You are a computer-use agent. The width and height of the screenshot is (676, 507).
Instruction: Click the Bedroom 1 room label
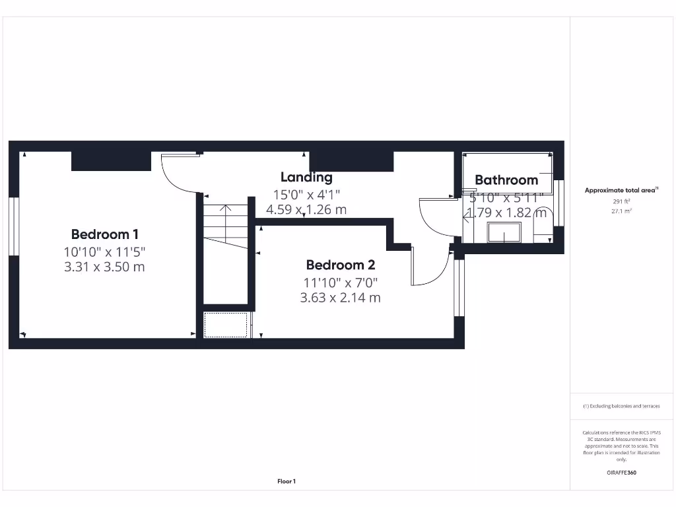coord(105,234)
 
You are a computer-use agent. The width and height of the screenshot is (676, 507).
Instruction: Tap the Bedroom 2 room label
coord(341,265)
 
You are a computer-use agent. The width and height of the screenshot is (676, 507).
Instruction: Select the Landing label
coord(306,177)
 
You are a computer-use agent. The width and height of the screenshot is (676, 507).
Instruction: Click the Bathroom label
coord(506,180)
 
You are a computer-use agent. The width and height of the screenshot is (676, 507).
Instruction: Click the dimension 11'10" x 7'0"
coord(341,283)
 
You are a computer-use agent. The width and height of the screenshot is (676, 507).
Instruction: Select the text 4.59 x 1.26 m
coord(306,210)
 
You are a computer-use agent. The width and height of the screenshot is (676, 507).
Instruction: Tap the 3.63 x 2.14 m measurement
coord(341,298)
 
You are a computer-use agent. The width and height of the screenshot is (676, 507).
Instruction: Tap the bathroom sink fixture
coord(504,232)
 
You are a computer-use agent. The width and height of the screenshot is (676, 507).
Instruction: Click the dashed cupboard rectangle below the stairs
coord(226,325)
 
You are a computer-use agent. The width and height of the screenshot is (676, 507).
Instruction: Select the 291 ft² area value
coord(621,202)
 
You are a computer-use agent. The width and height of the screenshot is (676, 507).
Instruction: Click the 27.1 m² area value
coord(621,211)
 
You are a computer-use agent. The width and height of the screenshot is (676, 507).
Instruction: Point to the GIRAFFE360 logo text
coord(621,473)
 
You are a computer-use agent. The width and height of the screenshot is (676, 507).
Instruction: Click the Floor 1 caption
coord(287,482)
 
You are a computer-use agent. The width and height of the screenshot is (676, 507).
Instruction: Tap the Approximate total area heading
coord(620,190)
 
